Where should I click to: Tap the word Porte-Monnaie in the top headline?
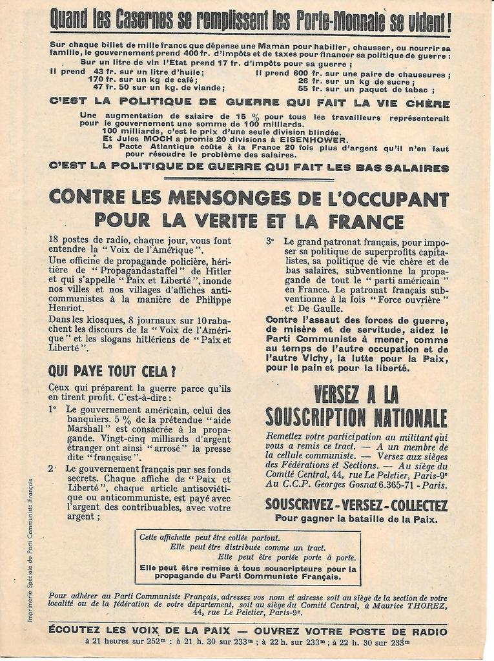point(335,21)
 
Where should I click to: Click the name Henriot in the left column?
point(67,308)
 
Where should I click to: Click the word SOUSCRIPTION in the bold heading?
point(315,417)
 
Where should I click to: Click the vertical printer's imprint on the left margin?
point(30,549)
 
